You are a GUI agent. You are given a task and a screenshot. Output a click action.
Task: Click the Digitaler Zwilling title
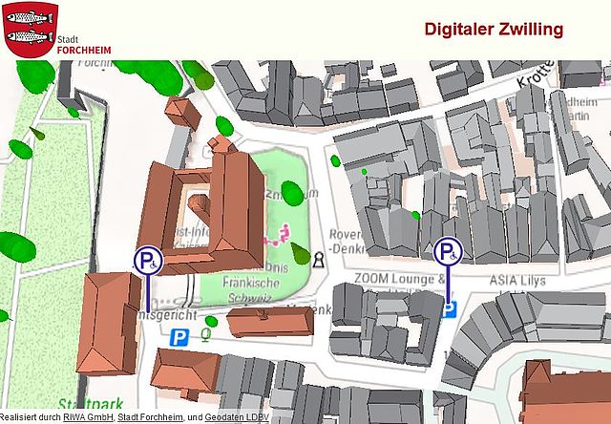click(493, 30)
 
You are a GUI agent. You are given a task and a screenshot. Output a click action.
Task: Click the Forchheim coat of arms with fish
click(27, 30)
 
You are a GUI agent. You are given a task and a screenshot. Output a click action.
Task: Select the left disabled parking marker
click(148, 260)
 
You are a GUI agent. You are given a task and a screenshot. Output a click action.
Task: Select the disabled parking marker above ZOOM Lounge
click(448, 252)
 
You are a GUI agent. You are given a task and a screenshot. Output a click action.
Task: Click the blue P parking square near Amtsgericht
click(179, 336)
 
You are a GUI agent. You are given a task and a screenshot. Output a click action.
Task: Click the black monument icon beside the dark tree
click(318, 258)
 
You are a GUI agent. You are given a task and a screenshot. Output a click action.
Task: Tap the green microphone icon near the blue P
click(205, 335)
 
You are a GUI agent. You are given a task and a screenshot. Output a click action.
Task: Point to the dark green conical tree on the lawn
click(301, 254)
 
